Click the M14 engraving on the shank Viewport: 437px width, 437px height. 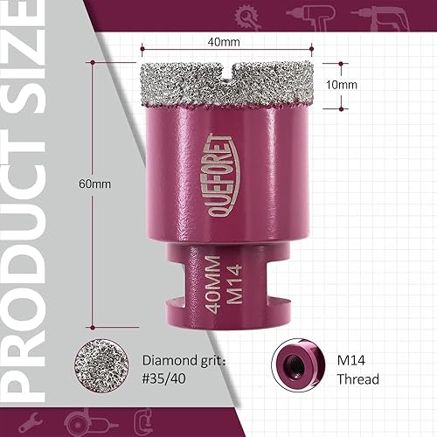point(232,285)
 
